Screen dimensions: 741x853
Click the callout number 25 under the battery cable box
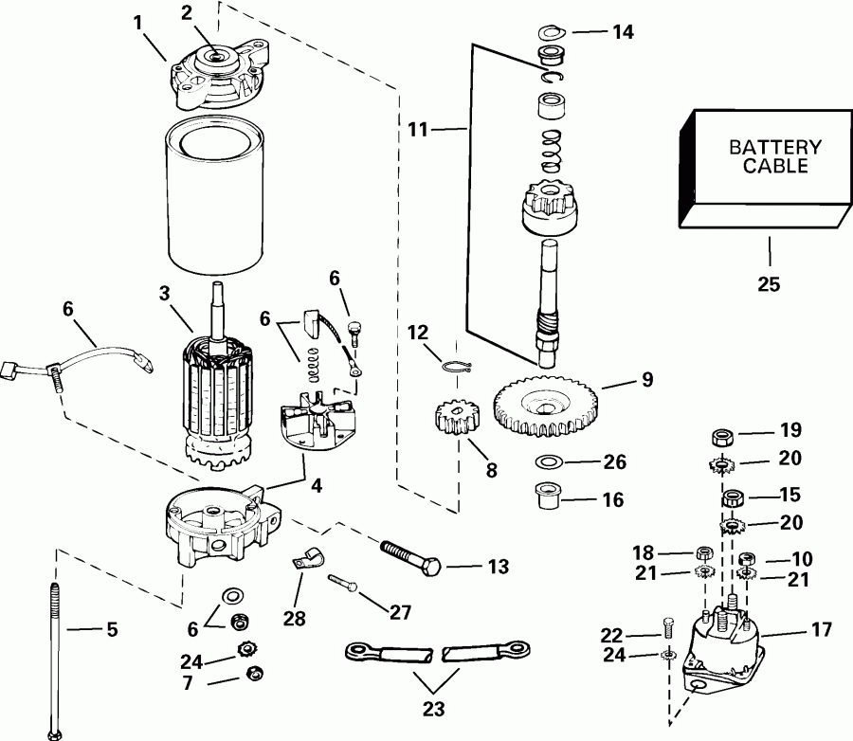769,283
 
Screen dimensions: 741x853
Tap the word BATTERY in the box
761,149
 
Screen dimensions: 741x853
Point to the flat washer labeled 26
546,462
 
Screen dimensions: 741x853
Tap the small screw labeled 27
343,585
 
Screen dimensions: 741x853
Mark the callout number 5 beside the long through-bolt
112,629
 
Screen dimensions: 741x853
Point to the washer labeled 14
550,32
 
